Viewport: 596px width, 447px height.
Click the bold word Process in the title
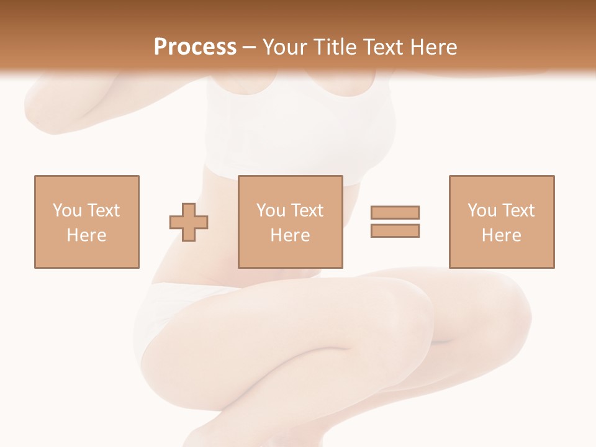pyautogui.click(x=195, y=47)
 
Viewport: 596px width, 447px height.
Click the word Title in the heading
pyautogui.click(x=334, y=47)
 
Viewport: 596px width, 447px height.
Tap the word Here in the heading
pyautogui.click(x=432, y=47)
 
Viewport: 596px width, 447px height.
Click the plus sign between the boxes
pyautogui.click(x=189, y=222)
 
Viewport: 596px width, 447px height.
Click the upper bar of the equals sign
pyautogui.click(x=395, y=212)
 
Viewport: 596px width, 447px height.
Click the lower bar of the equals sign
pyautogui.click(x=395, y=230)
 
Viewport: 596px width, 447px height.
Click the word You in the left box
pyautogui.click(x=67, y=210)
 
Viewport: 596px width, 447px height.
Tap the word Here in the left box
pyautogui.click(x=86, y=235)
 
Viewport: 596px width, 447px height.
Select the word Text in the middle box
pyautogui.click(x=307, y=210)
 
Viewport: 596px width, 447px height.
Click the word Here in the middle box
pyautogui.click(x=290, y=235)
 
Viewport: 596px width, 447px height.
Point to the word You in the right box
pyautogui.click(x=482, y=210)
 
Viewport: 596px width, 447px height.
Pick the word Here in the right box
pyautogui.click(x=501, y=235)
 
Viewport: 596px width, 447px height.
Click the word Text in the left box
pyautogui.click(x=103, y=210)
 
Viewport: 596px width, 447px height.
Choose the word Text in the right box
pyautogui.click(x=518, y=210)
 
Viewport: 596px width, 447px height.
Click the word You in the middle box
pyautogui.click(x=271, y=210)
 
